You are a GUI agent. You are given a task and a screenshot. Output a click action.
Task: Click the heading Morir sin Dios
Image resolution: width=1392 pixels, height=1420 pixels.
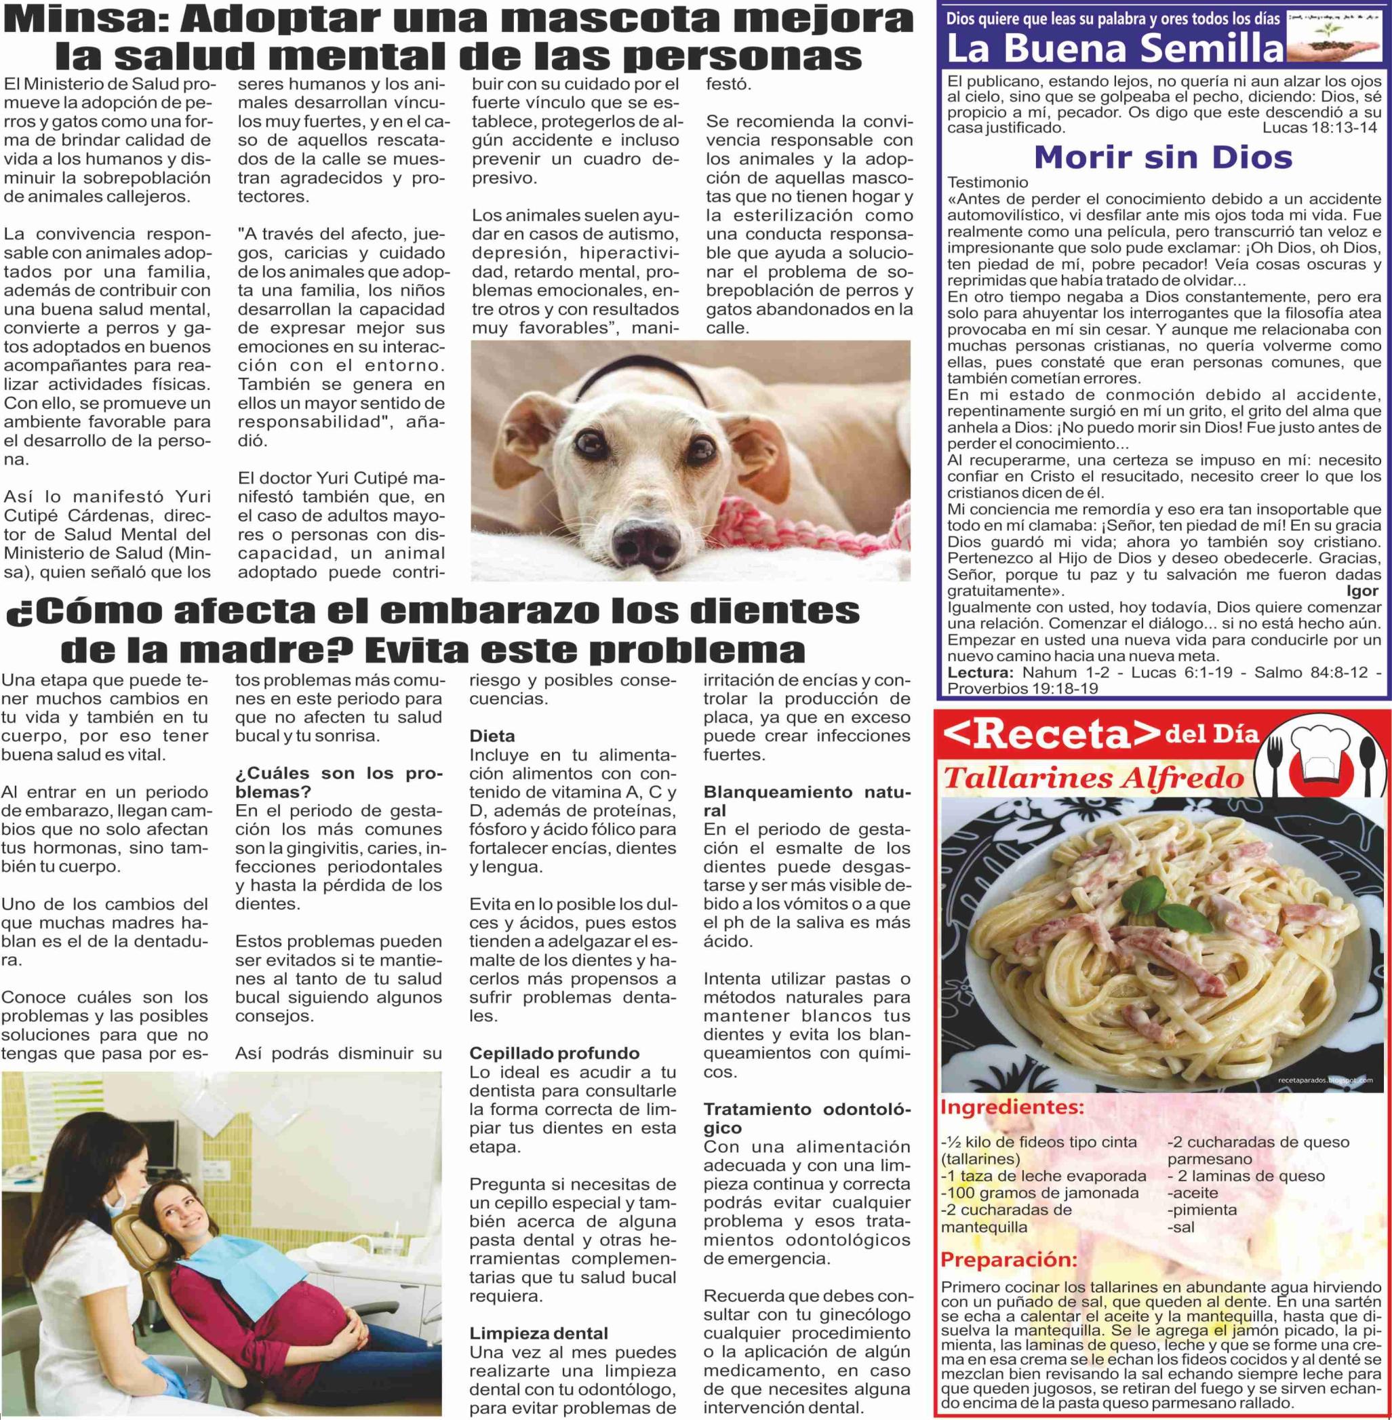click(1162, 157)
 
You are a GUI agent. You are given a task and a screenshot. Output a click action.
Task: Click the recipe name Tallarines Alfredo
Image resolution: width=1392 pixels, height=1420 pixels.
click(1092, 778)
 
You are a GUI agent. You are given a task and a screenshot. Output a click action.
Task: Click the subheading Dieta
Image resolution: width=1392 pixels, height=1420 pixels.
click(492, 736)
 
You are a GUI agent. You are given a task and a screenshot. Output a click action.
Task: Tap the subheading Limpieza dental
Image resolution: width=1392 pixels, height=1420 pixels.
click(539, 1333)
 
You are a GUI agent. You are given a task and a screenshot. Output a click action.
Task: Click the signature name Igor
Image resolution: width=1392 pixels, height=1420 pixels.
click(1362, 591)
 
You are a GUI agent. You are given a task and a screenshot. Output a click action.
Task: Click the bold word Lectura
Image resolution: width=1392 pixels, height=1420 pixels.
click(980, 672)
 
